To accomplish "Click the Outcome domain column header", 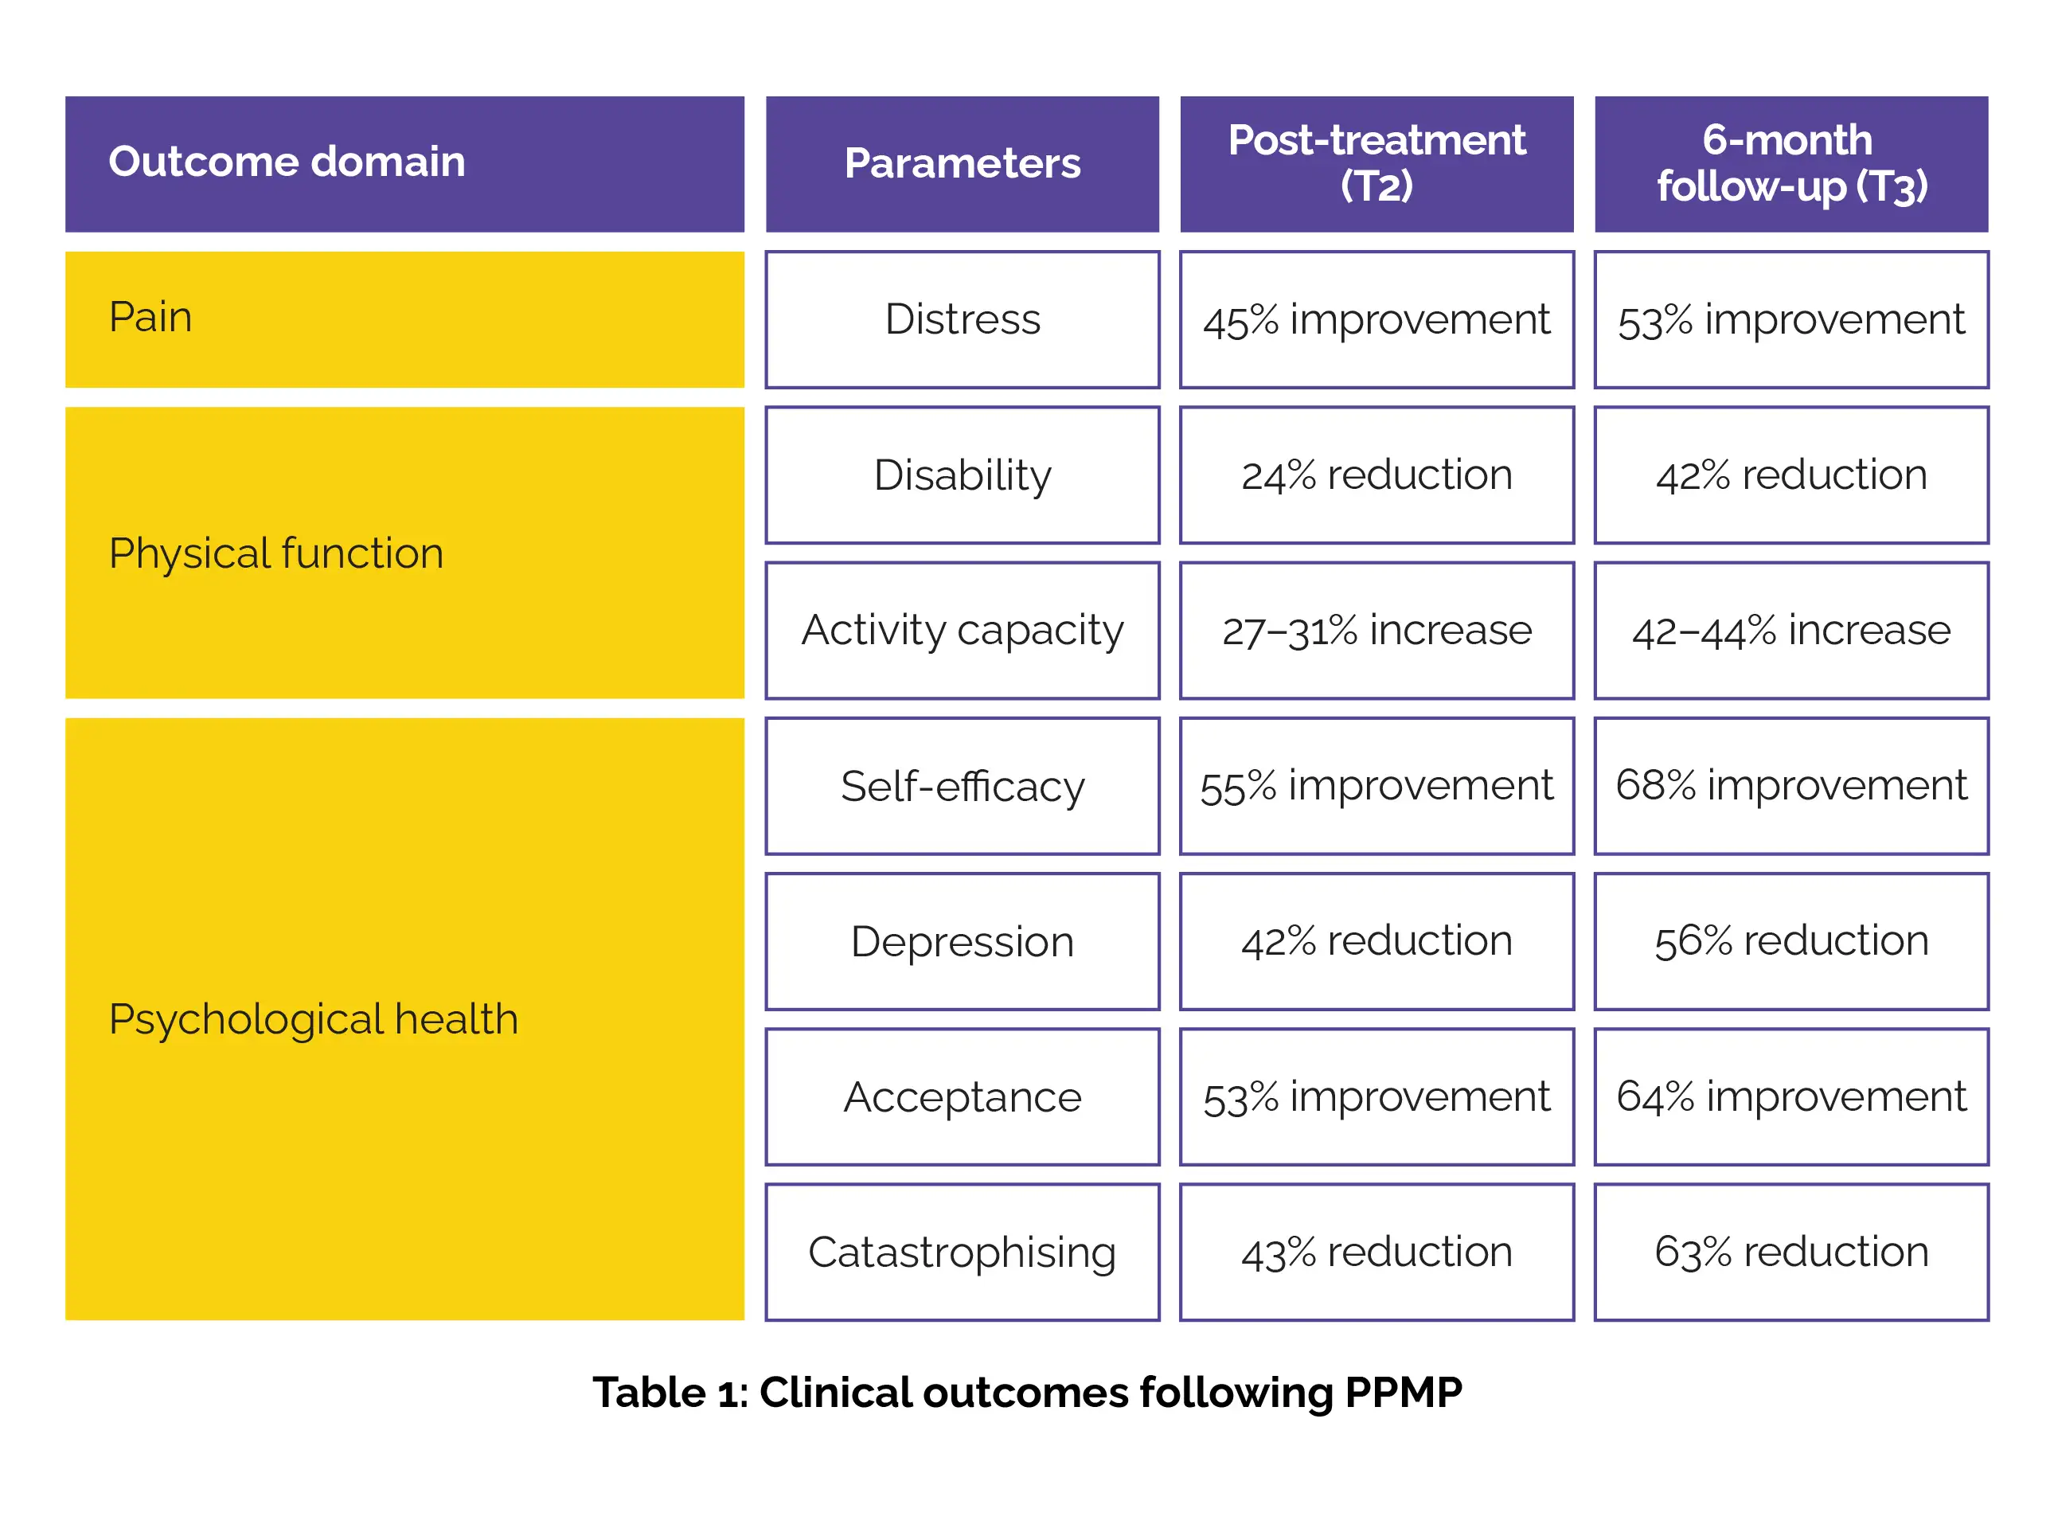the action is pos(404,164).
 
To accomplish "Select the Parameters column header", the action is pos(962,164).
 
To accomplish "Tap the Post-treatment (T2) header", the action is pos(1376,164).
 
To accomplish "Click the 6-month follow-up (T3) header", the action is pos(1790,164).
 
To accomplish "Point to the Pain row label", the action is pos(404,319).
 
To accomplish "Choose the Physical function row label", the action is pos(404,553).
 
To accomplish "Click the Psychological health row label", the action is pos(404,1018).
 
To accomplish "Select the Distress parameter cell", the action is pos(962,319).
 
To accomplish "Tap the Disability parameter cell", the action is pos(962,475).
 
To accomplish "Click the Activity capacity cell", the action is pos(962,631).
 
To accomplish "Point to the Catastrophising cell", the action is pos(962,1252).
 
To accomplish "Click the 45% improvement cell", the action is pos(1376,319).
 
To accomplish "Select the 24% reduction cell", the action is pos(1376,475).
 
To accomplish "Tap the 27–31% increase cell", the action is pos(1376,631).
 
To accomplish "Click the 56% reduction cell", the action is pos(1790,941).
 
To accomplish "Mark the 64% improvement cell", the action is pos(1790,1096).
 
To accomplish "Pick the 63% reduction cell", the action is pos(1790,1252).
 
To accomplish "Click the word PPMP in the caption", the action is pos(1403,1392).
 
